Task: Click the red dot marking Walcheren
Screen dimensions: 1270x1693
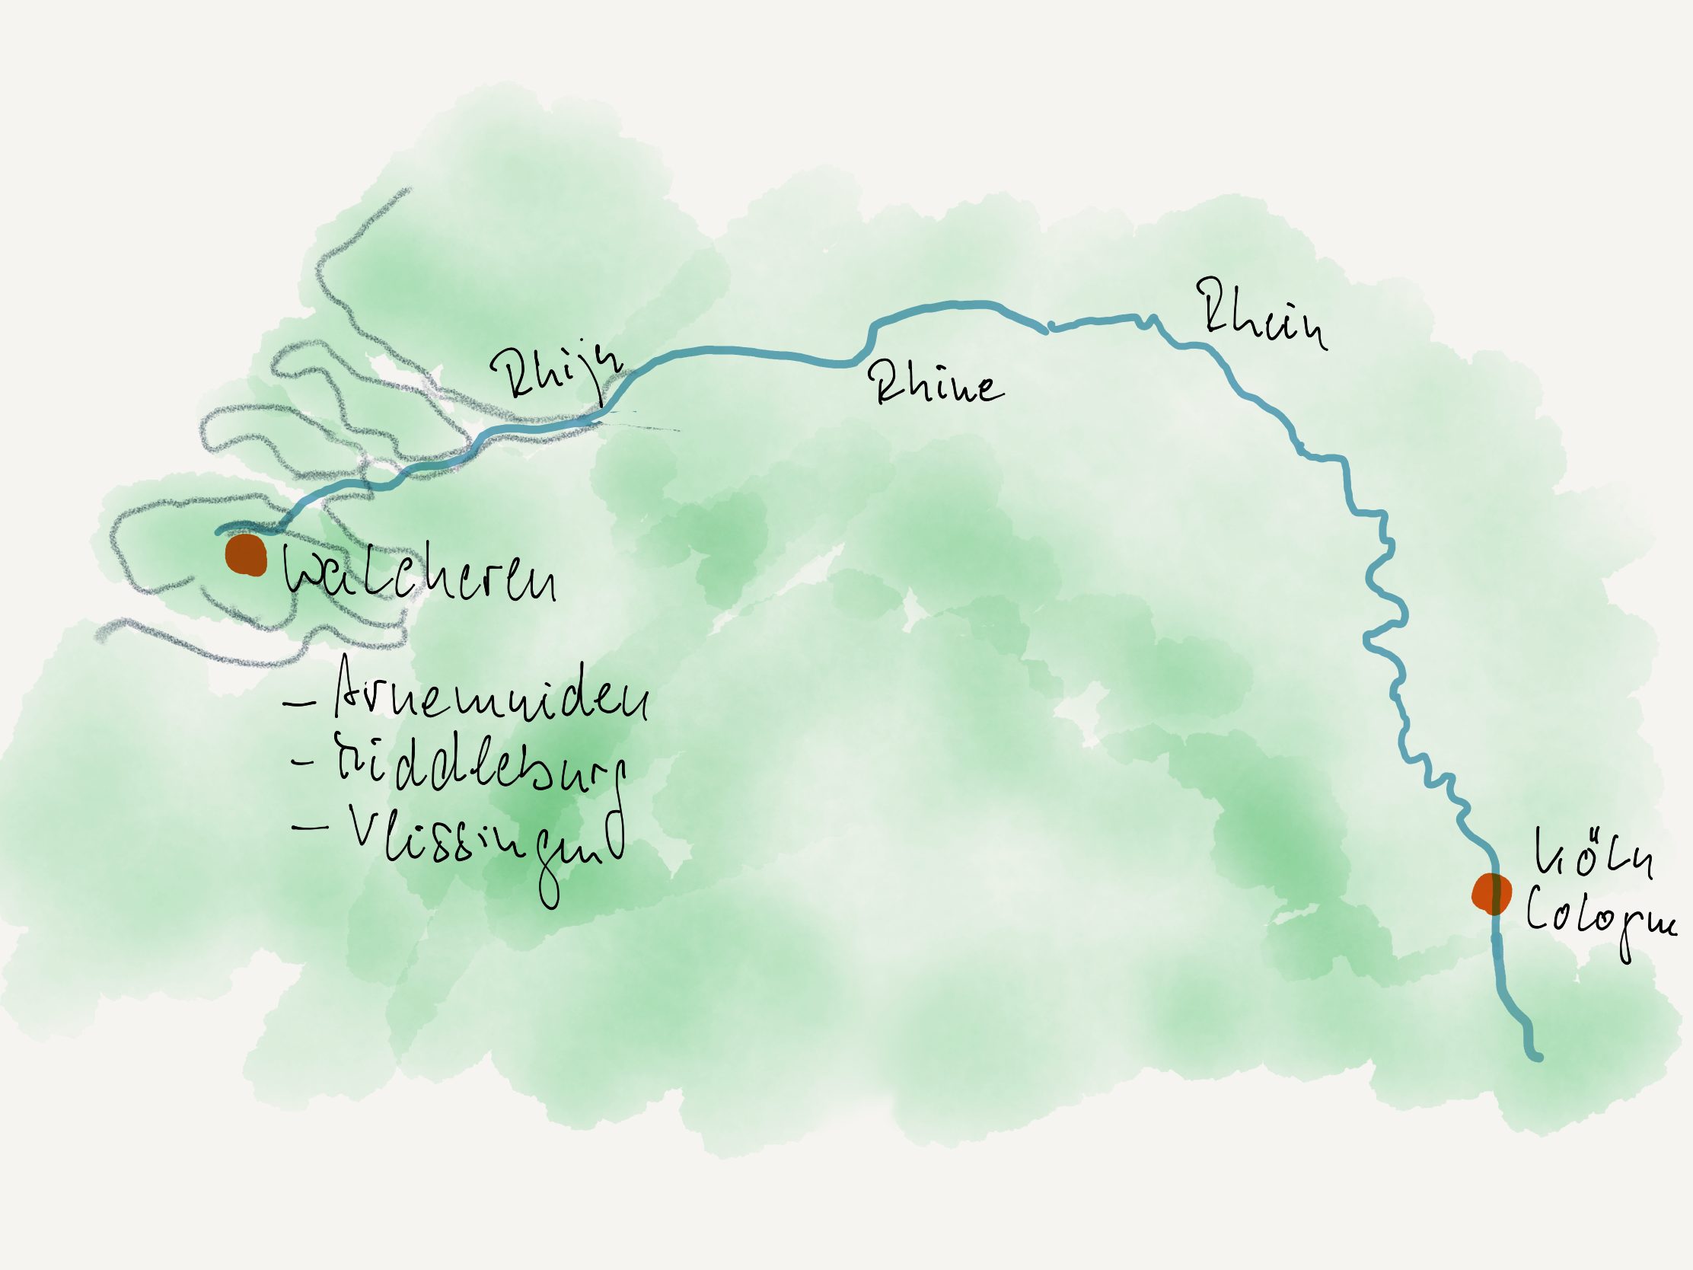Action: point(246,555)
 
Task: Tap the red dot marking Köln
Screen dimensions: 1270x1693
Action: point(1492,893)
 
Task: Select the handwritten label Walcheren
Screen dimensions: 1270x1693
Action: point(419,574)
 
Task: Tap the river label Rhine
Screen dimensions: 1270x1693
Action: point(936,384)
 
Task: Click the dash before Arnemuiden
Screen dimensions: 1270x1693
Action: point(299,703)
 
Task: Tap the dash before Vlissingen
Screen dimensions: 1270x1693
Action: point(310,827)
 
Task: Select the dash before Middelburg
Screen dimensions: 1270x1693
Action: point(304,761)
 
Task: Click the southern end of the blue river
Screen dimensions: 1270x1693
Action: point(1538,1057)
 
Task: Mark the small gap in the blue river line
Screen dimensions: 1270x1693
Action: point(1048,330)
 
